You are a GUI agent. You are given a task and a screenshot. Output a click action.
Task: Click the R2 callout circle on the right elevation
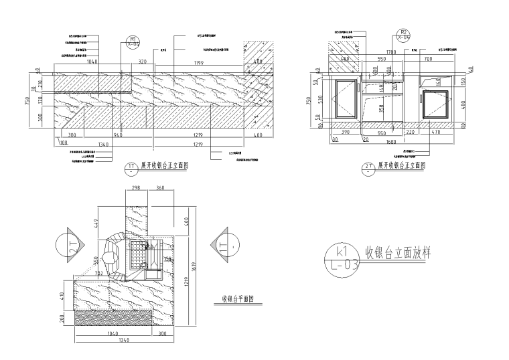tap(403, 34)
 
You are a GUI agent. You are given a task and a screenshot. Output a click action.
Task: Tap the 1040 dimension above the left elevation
tap(92, 62)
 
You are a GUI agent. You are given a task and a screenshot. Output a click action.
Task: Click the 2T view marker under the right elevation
tap(370, 167)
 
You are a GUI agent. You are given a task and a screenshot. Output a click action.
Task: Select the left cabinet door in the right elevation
tap(346, 99)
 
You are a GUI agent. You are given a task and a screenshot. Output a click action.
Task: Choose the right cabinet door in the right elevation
tap(439, 106)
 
